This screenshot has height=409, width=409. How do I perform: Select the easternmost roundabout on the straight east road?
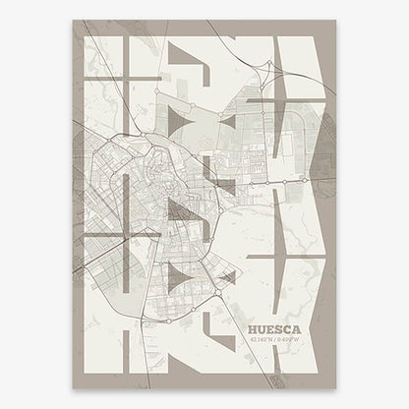(308, 182)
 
